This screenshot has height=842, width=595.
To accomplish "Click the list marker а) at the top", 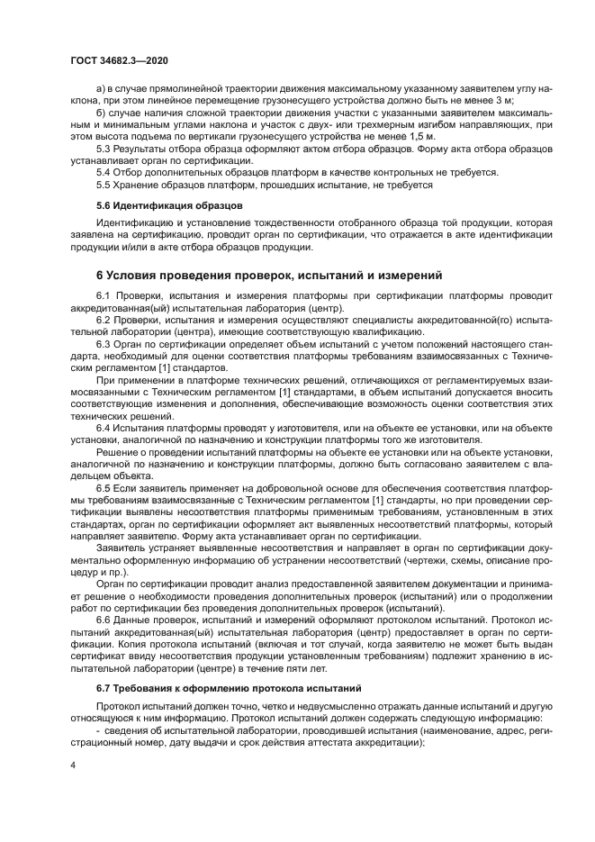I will tap(102, 91).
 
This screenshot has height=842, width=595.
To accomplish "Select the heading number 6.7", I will tap(104, 688).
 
